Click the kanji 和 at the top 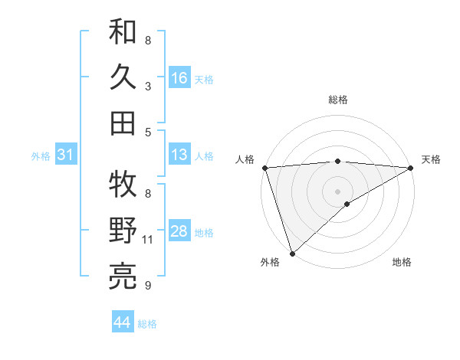[123, 31]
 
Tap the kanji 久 [123, 77]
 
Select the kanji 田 [123, 123]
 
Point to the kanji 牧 [123, 184]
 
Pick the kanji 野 [123, 231]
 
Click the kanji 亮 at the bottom [123, 277]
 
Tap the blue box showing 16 [179, 78]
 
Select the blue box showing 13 [179, 155]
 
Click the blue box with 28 [179, 232]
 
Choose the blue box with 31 [65, 155]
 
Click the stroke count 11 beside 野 [148, 240]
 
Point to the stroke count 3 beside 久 [148, 87]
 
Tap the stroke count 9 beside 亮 [148, 286]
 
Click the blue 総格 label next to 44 [147, 324]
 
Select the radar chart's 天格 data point [411, 168]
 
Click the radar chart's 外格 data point [292, 253]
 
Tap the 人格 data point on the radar [264, 167]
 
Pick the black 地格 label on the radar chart [402, 263]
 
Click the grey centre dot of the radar [337, 190]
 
